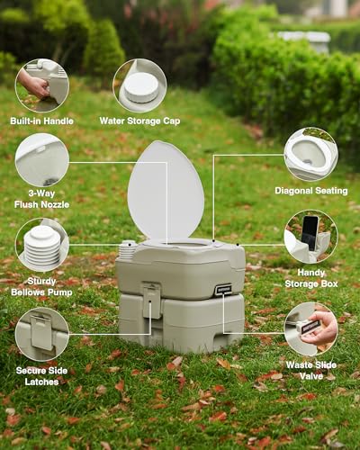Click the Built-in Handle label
pyautogui.click(x=41, y=121)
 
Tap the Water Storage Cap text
pyautogui.click(x=139, y=121)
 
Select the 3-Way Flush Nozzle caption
pyautogui.click(x=41, y=199)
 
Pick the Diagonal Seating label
pyautogui.click(x=310, y=190)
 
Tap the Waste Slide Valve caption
pyautogui.click(x=310, y=369)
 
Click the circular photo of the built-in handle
pyautogui.click(x=41, y=85)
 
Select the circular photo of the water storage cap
pyautogui.click(x=139, y=85)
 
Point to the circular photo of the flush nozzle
pyautogui.click(x=41, y=160)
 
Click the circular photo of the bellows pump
pyautogui.click(x=41, y=245)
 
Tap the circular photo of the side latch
pyautogui.click(x=41, y=333)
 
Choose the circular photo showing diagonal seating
pyautogui.click(x=310, y=154)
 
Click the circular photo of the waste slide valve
pyautogui.click(x=310, y=328)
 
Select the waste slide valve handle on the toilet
pyautogui.click(x=222, y=289)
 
